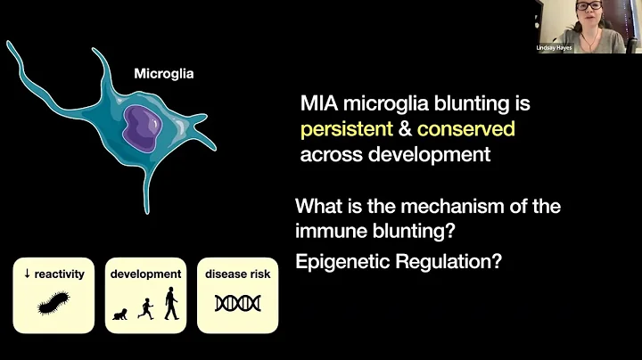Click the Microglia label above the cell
162,75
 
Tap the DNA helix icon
237,304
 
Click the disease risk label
237,274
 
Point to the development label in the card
145,274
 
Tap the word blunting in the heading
456,104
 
